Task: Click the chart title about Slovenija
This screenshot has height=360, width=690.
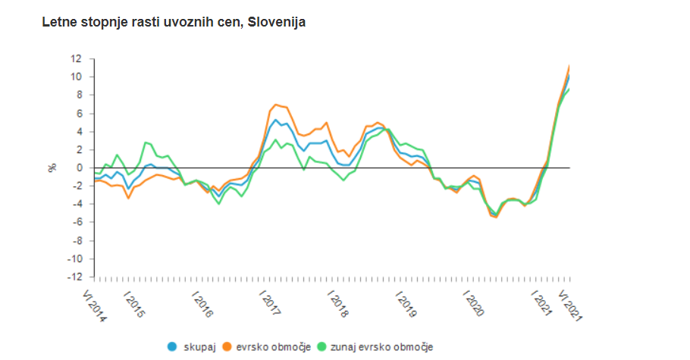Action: tap(174, 23)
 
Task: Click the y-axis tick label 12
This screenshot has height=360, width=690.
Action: tap(76, 58)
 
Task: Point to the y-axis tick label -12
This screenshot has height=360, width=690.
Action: tap(74, 277)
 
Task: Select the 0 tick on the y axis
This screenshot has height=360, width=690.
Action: tap(79, 167)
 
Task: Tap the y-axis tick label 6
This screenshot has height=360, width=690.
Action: tap(79, 113)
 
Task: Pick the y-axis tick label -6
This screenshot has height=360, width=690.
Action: tap(76, 222)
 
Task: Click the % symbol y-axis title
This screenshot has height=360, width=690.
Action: tap(52, 167)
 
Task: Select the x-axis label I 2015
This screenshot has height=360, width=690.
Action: tap(133, 304)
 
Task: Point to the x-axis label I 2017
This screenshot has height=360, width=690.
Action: tap(269, 304)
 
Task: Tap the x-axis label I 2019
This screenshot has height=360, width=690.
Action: tap(406, 304)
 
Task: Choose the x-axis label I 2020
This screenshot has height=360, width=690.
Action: tap(474, 304)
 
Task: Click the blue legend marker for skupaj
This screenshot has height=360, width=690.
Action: tap(172, 347)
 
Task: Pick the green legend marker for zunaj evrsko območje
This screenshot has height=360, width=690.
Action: tap(321, 347)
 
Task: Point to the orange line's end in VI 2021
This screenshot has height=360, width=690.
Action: tap(569, 67)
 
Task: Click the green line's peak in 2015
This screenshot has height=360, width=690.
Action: tap(146, 142)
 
